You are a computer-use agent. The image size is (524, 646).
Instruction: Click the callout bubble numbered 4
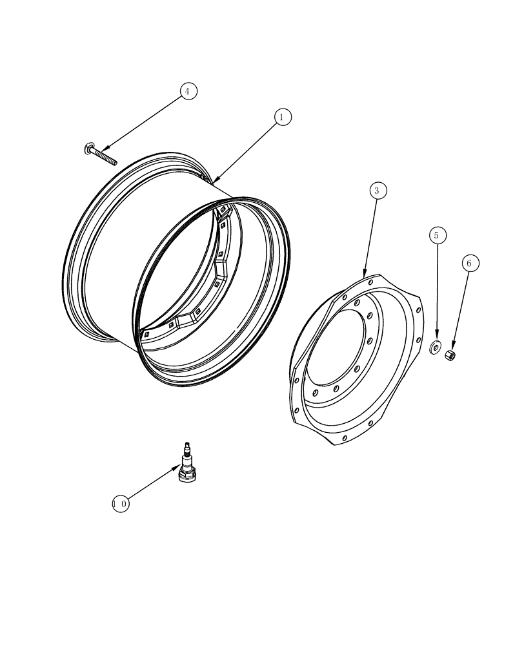[x=187, y=91]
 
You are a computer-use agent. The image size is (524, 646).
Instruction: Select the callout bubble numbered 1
[x=281, y=117]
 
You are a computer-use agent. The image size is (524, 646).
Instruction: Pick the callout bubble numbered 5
[x=437, y=236]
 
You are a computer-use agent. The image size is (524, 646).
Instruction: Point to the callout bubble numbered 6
[x=470, y=264]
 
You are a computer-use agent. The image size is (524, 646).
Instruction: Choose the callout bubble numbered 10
[x=120, y=504]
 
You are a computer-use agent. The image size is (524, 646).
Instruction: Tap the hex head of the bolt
[x=88, y=150]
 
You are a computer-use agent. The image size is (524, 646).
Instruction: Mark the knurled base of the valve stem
[x=187, y=475]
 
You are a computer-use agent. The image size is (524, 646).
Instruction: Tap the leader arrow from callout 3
[x=371, y=235]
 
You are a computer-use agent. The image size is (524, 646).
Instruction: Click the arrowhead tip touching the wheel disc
[x=365, y=276]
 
